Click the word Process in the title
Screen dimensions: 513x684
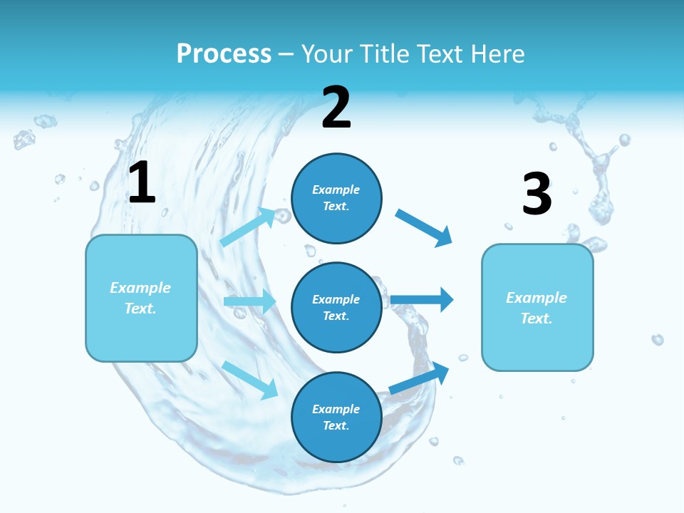click(224, 54)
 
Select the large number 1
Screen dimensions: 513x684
click(142, 183)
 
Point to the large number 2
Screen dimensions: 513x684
click(336, 108)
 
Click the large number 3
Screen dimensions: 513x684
click(537, 195)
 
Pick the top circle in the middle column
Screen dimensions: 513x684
click(336, 198)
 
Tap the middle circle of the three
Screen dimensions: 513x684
click(336, 307)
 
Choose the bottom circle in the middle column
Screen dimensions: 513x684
click(336, 417)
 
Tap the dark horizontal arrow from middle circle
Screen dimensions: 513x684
click(422, 299)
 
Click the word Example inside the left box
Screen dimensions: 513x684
click(140, 288)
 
